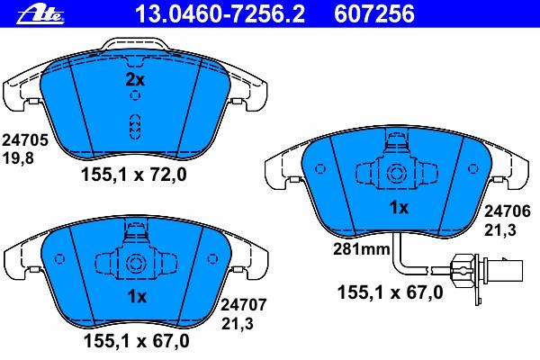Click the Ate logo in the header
click(x=40, y=15)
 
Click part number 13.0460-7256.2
click(x=220, y=14)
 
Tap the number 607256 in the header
click(x=374, y=14)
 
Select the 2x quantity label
click(x=135, y=80)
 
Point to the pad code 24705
click(x=25, y=140)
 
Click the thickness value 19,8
click(x=18, y=158)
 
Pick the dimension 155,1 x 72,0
click(x=133, y=175)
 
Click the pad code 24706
click(x=508, y=211)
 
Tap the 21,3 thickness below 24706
click(x=500, y=229)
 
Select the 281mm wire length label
click(x=361, y=248)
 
